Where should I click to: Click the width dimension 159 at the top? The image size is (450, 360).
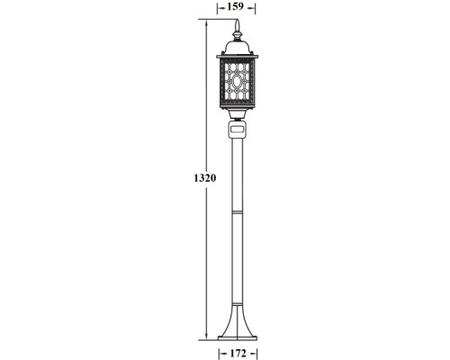[x=236, y=8]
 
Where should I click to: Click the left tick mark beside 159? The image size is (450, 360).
[x=218, y=8]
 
